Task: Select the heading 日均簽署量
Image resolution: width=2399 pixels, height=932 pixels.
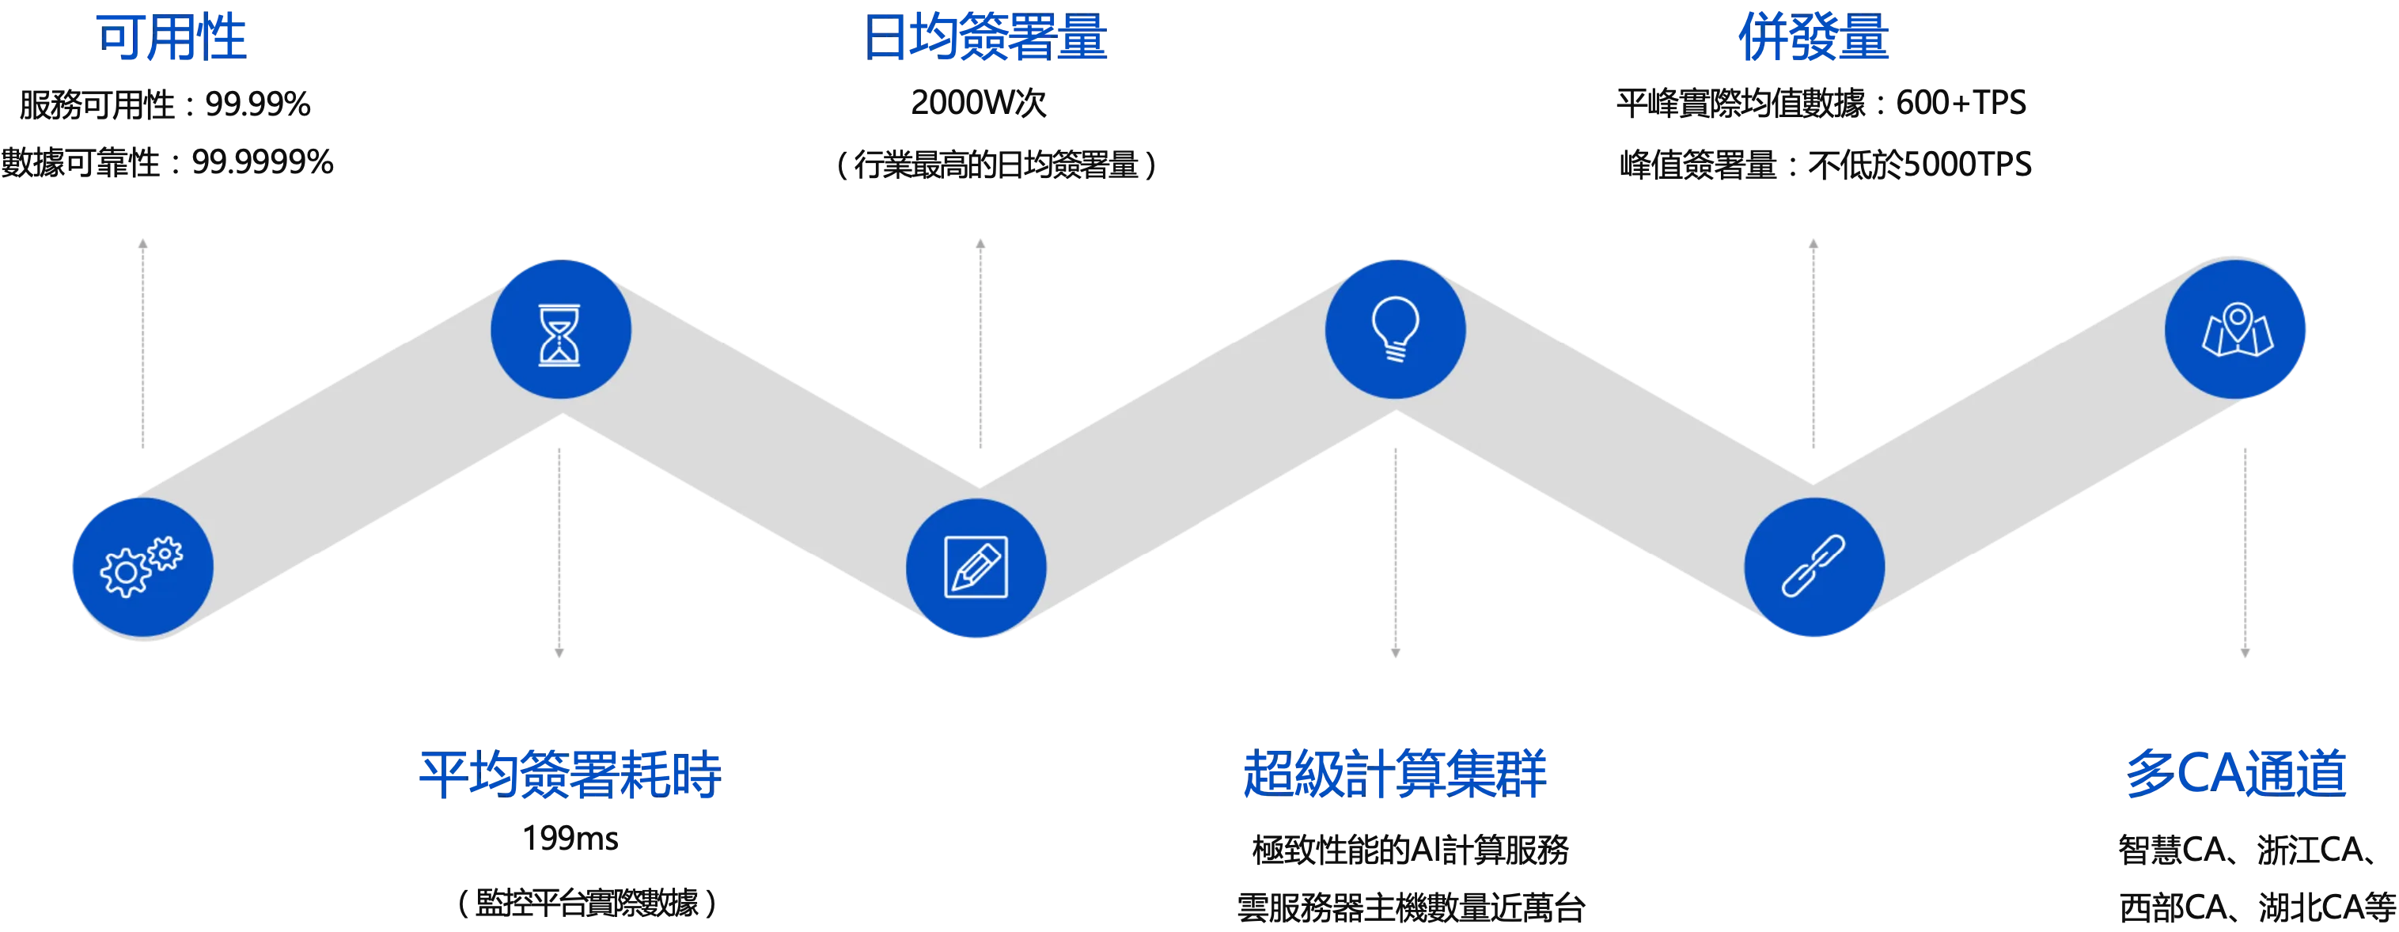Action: coord(986,39)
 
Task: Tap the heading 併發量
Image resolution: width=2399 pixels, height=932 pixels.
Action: coord(1814,39)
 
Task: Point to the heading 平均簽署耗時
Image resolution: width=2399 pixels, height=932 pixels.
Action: coord(569,775)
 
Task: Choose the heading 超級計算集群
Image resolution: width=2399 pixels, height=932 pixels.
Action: coord(1396,775)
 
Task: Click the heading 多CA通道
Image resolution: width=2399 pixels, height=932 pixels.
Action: coord(2237,775)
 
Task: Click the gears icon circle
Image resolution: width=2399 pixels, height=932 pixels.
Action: coord(142,567)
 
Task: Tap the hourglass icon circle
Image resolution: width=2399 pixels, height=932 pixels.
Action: coord(561,330)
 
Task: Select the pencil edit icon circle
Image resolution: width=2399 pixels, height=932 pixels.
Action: coord(976,567)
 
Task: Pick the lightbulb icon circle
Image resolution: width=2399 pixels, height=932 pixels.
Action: coord(1395,330)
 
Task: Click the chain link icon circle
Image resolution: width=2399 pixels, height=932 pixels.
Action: coord(1814,567)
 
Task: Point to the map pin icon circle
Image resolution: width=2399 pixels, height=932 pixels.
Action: coord(2237,330)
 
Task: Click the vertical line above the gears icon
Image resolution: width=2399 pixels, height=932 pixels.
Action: coord(142,344)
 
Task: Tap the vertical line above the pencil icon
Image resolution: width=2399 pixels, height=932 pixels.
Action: coord(980,344)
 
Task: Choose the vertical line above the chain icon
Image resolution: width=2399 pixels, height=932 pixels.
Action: coord(1813,344)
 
